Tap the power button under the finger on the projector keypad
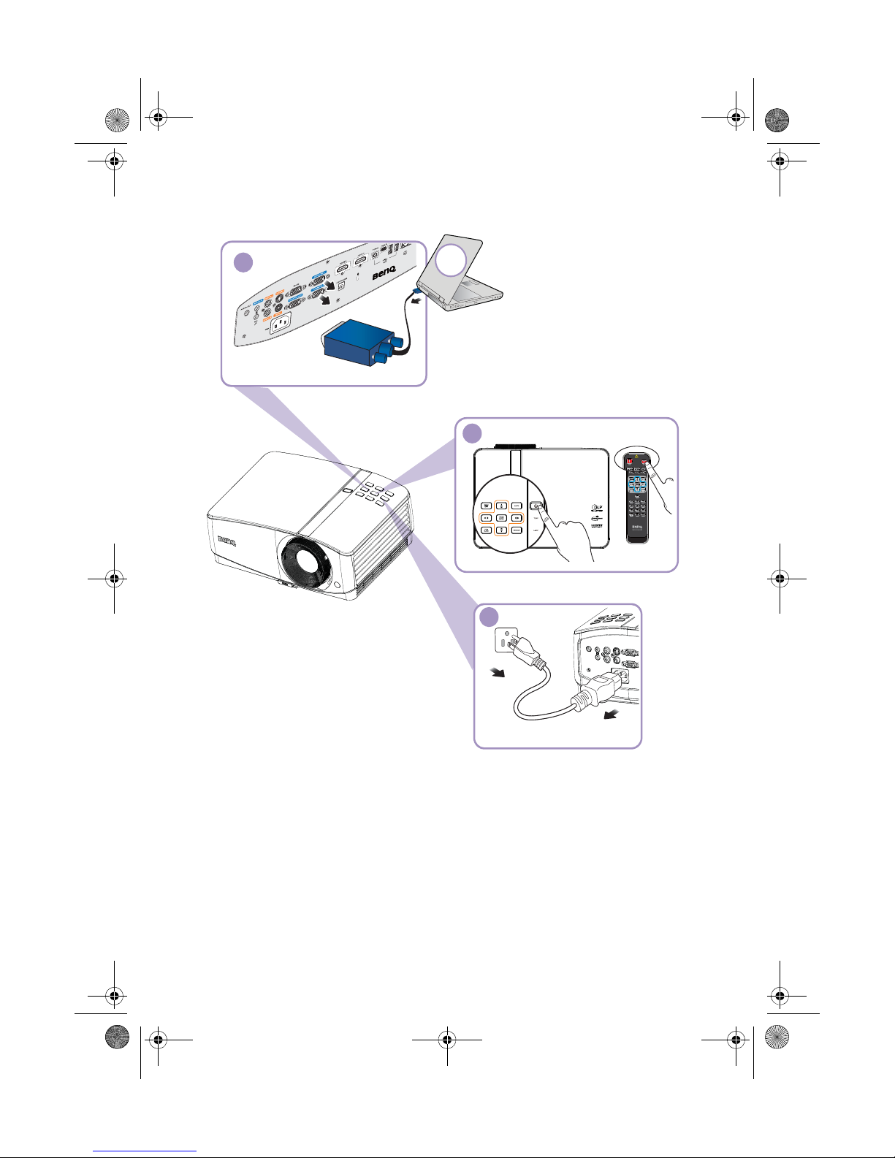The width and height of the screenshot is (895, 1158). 536,506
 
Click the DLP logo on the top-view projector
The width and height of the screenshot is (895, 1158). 597,508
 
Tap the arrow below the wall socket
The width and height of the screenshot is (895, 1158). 497,671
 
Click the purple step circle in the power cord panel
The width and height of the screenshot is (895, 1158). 489,617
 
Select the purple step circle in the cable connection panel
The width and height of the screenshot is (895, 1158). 243,262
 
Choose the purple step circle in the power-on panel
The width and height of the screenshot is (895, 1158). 473,433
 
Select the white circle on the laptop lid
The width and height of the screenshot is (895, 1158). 452,259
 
